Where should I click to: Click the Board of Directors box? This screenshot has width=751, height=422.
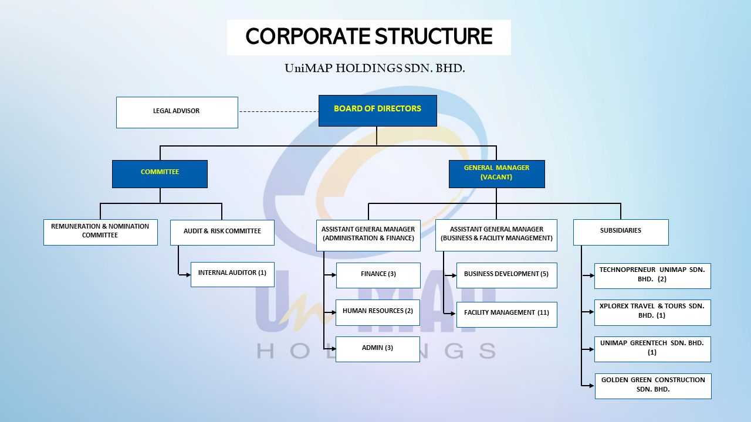(x=377, y=110)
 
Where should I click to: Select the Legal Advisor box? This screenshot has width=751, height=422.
(x=177, y=112)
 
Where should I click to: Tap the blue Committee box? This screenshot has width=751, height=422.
(x=160, y=173)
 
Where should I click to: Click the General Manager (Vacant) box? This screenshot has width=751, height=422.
(x=496, y=173)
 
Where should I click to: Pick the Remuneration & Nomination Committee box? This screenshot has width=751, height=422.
(x=100, y=232)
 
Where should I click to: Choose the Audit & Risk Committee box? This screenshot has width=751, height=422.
(x=222, y=232)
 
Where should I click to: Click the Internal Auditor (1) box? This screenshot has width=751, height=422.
(x=232, y=274)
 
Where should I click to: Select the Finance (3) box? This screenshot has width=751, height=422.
(x=378, y=275)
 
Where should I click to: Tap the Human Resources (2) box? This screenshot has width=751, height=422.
(x=378, y=312)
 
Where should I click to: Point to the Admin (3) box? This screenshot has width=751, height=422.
(x=378, y=349)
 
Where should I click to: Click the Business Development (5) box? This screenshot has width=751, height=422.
(x=506, y=275)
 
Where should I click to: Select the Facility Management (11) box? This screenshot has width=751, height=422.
(x=506, y=314)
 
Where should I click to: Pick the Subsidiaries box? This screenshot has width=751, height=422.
(x=621, y=232)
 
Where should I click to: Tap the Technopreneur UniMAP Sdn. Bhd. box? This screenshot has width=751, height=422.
(x=652, y=276)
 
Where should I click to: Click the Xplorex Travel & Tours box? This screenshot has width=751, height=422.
(x=652, y=312)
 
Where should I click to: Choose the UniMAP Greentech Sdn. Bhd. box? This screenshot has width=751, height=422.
(x=652, y=349)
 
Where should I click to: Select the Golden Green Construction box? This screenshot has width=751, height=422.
(x=653, y=386)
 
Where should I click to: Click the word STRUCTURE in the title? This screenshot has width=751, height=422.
(x=434, y=37)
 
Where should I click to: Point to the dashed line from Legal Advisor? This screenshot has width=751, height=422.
(x=278, y=111)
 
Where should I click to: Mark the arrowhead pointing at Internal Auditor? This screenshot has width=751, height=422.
(x=188, y=274)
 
